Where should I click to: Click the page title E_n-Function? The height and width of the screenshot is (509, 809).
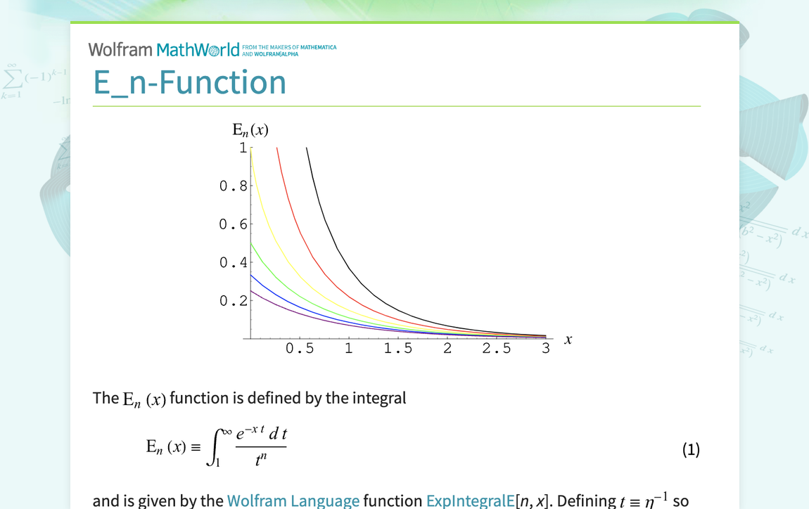(190, 82)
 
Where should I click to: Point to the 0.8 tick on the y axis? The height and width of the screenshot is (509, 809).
(234, 186)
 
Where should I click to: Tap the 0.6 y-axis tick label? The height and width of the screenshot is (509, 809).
(234, 224)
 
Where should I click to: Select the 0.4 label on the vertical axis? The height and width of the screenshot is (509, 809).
(234, 263)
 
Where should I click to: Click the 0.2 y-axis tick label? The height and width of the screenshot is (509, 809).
(234, 301)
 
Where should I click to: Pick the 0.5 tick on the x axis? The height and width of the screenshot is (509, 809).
(300, 349)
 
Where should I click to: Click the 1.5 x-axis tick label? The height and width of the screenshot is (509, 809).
(398, 349)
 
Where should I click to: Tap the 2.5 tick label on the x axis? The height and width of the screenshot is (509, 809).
(497, 349)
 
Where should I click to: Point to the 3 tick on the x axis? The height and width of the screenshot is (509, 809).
(546, 349)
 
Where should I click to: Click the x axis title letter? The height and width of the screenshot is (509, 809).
(568, 340)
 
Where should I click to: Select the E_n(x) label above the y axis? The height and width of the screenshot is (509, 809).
(250, 130)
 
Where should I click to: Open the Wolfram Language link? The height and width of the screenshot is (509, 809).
(293, 501)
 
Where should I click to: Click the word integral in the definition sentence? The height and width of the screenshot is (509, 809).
(380, 398)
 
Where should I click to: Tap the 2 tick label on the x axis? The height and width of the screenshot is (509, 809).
(447, 349)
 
